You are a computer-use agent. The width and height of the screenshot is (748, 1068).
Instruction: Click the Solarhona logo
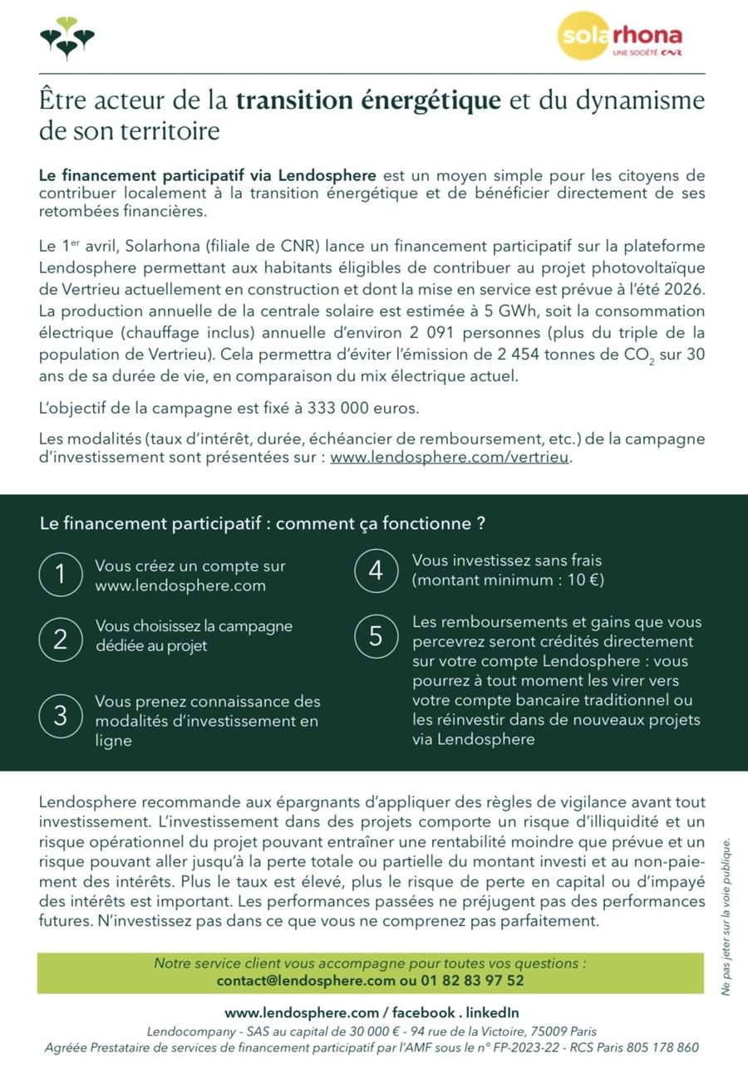coord(622,37)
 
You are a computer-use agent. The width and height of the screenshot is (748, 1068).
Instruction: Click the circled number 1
coord(60,576)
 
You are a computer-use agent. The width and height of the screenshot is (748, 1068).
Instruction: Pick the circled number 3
coord(60,715)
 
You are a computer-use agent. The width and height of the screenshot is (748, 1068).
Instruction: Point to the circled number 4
coord(375,571)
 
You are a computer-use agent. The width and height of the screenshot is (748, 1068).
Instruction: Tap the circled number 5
coord(375,635)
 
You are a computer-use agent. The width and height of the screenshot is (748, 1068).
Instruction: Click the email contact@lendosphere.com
coord(306,981)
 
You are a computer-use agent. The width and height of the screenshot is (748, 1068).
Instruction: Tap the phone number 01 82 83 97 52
coord(470,981)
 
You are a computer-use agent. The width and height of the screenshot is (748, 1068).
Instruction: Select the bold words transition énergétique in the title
coord(369,100)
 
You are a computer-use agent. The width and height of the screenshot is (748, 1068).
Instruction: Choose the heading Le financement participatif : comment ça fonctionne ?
coord(262,524)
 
